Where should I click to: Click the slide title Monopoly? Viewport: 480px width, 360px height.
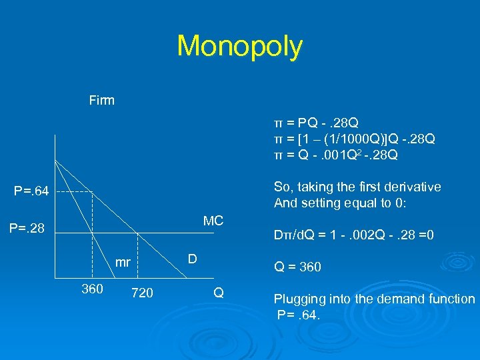239,47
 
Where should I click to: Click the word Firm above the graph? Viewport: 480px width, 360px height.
102,101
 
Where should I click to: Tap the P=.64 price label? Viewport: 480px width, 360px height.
31,193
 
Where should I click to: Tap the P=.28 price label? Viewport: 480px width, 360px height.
27,229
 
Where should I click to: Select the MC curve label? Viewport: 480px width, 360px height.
213,221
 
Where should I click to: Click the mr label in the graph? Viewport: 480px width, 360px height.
123,263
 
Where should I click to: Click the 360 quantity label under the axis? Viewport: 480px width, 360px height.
92,289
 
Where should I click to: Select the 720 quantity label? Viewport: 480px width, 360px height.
142,292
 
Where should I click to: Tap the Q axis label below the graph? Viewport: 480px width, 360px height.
218,292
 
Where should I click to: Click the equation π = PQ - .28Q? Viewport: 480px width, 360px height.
317,123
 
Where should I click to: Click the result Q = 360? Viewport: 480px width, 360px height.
297,267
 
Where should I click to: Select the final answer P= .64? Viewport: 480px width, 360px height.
299,314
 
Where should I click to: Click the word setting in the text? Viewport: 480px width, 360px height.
319,203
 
